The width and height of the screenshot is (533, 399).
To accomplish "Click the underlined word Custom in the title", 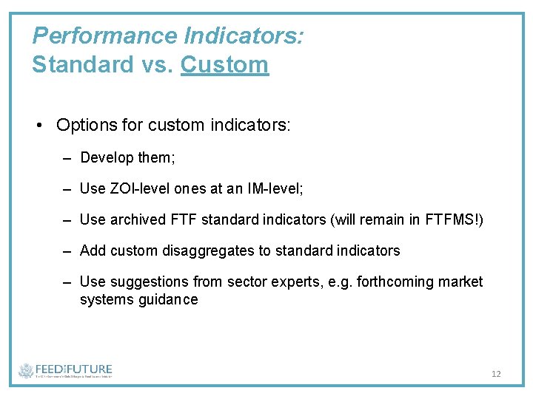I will [224, 64].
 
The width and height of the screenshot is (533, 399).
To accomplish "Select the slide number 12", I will [496, 374].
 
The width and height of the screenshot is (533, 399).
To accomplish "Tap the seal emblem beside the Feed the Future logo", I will [26, 371].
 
